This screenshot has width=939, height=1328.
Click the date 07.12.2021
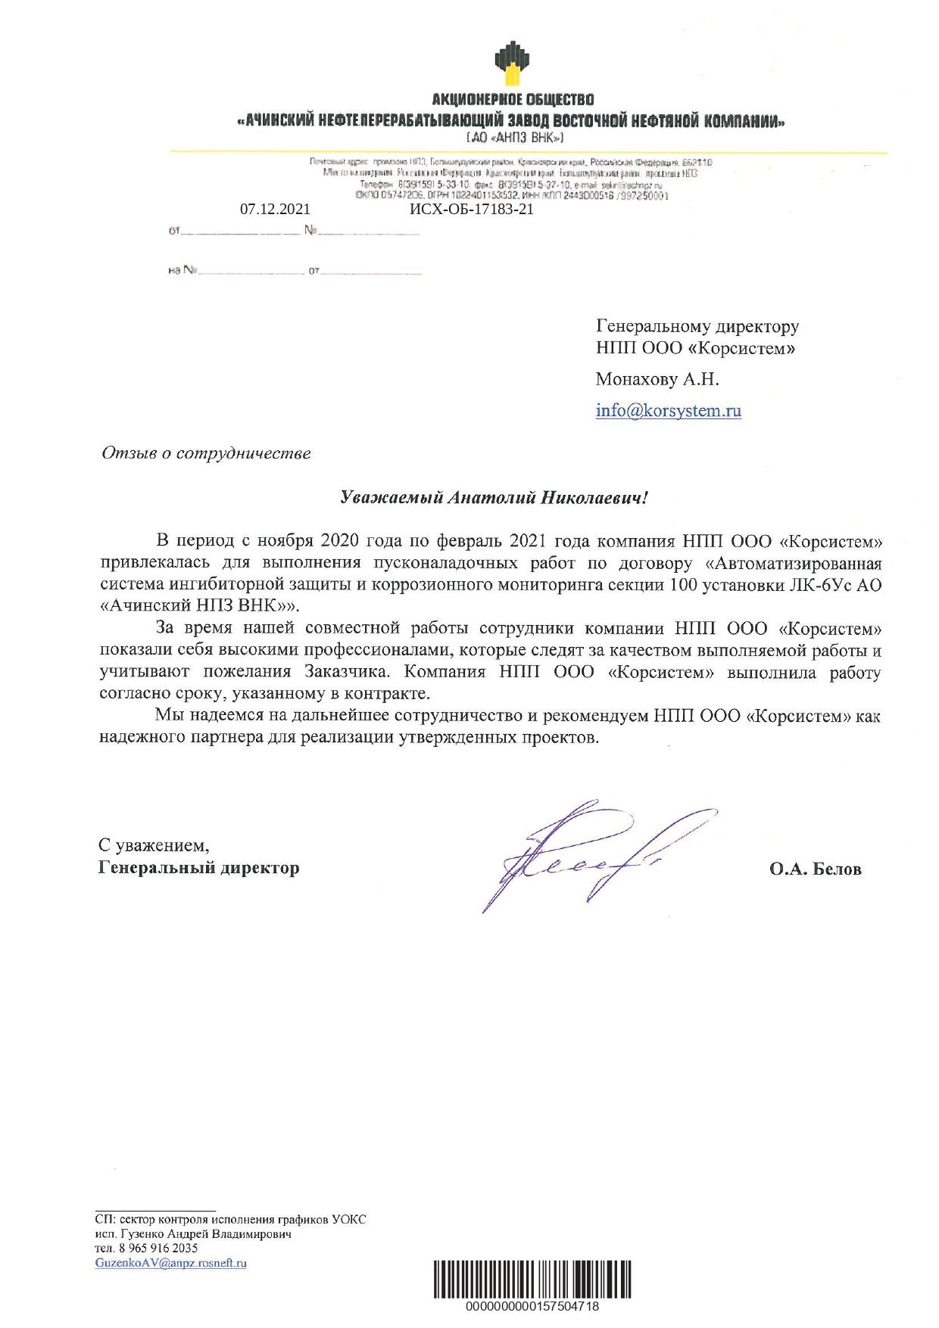click(x=275, y=210)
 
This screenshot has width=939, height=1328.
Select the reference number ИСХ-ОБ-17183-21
click(x=471, y=210)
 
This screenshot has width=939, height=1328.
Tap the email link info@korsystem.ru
click(x=668, y=411)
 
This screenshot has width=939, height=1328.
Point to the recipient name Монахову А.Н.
click(x=657, y=380)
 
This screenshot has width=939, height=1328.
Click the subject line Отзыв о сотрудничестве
click(x=206, y=454)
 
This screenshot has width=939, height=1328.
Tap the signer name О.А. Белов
click(x=815, y=869)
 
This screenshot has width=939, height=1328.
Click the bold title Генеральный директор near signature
click(x=198, y=868)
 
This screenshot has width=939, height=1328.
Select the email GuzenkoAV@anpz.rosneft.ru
click(x=171, y=1263)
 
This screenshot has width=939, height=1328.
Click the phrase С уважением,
click(x=154, y=844)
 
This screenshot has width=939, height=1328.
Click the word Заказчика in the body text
click(x=348, y=672)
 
